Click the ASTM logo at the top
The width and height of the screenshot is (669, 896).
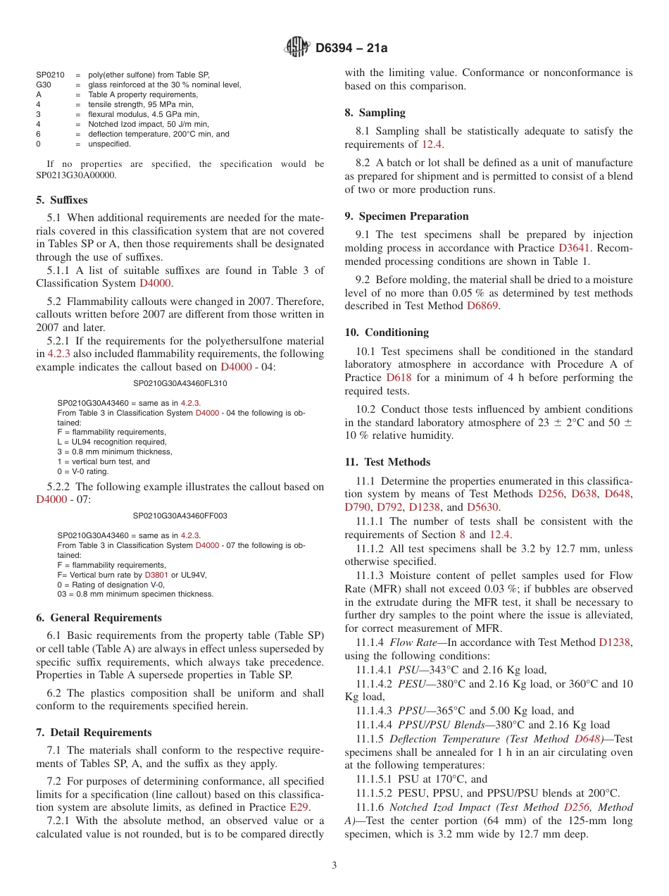[x=296, y=48]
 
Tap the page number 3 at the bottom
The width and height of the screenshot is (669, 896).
[x=334, y=866]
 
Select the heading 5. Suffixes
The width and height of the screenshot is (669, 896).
[x=61, y=200]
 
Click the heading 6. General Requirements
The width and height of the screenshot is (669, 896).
[x=99, y=618]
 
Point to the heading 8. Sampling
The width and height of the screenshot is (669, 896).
[x=375, y=113]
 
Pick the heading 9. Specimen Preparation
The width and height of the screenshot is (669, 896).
[x=406, y=216]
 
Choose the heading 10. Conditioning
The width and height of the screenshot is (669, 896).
[x=387, y=332]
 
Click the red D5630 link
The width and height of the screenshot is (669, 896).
[x=484, y=507]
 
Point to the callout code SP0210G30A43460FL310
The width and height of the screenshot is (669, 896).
[x=180, y=384]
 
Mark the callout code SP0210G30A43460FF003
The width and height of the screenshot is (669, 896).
[x=180, y=516]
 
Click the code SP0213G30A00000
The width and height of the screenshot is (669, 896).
[x=77, y=175]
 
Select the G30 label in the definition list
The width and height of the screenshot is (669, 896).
[x=44, y=85]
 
